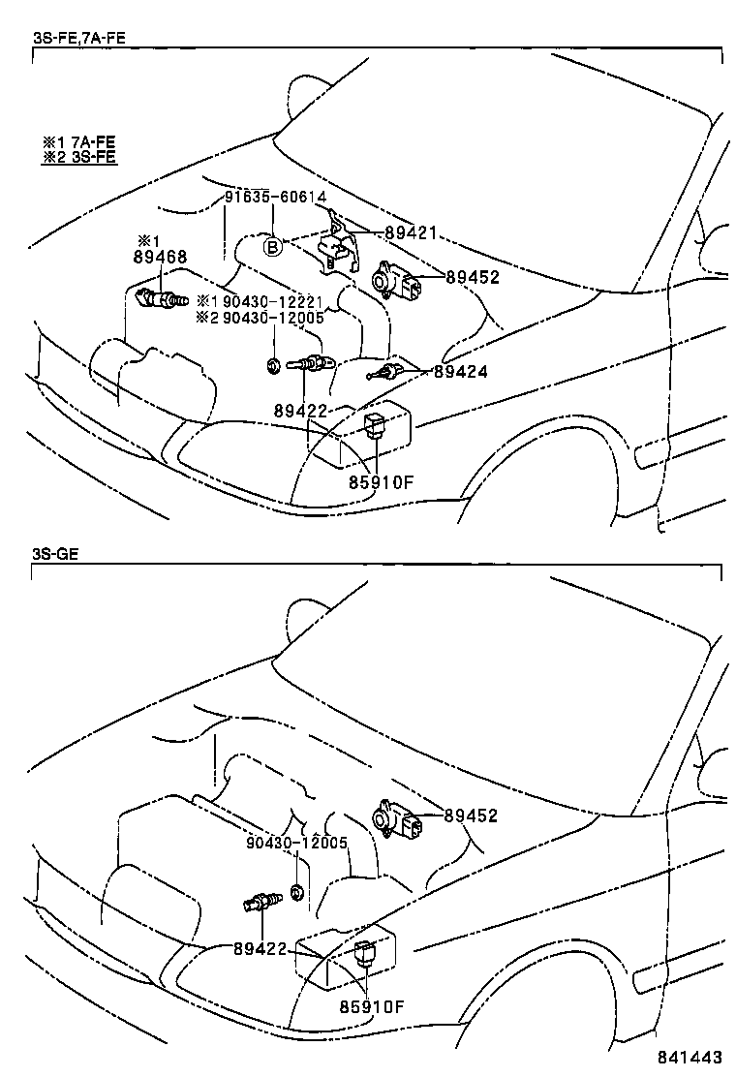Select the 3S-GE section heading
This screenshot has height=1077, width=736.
(54, 554)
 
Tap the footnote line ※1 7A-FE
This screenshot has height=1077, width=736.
(79, 140)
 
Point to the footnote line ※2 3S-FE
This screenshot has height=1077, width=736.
(79, 156)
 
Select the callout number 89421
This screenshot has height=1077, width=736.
(412, 233)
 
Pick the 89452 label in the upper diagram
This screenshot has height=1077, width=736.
(472, 277)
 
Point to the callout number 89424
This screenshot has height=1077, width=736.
(461, 370)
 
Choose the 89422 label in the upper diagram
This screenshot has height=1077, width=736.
(300, 411)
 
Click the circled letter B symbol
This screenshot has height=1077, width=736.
(273, 248)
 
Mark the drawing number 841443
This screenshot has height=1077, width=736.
(690, 1059)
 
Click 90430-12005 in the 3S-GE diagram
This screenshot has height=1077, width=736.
(296, 842)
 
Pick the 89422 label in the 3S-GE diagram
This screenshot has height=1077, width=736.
(260, 948)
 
